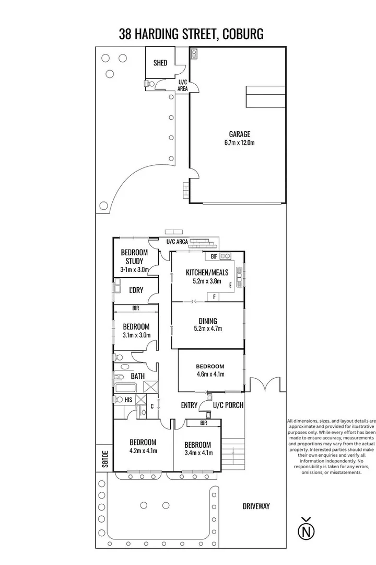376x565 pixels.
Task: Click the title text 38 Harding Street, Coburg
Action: [x=191, y=34]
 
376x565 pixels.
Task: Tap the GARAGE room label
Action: [x=239, y=134]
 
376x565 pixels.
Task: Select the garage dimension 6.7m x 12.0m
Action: [x=239, y=143]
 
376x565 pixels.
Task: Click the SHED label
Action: [x=160, y=63]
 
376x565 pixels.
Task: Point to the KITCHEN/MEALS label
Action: [x=207, y=272]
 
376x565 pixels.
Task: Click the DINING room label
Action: [x=207, y=321]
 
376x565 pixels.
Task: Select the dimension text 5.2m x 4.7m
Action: [x=207, y=329]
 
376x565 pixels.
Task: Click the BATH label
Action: [x=137, y=376]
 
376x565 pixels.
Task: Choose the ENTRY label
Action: [x=189, y=405]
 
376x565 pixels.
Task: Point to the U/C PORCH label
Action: [x=228, y=405]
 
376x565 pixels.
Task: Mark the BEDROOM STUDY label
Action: [x=134, y=256]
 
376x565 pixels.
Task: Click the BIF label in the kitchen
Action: [x=214, y=256]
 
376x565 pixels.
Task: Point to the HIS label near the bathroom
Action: [x=128, y=400]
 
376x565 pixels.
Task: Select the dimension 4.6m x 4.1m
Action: [x=210, y=374]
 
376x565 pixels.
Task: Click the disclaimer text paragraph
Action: [x=332, y=446]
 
